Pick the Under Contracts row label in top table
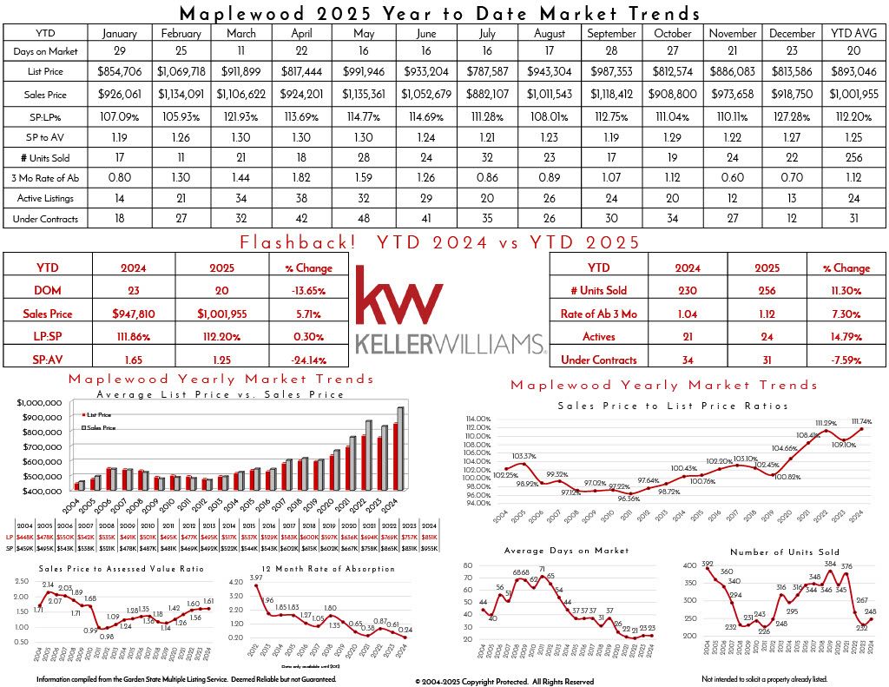tap(44, 219)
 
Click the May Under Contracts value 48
tap(365, 219)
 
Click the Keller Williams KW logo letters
tap(401, 298)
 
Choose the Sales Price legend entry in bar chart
tap(102, 428)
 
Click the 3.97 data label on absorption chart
tap(255, 579)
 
